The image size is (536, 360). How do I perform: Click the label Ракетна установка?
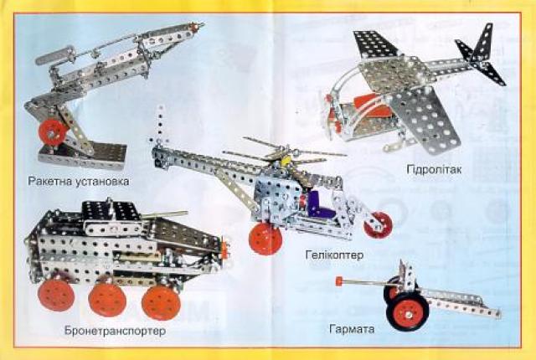click(79, 181)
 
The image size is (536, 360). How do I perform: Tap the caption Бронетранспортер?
click(116, 331)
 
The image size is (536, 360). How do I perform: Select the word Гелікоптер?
click(334, 255)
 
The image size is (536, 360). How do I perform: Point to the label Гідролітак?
click(434, 169)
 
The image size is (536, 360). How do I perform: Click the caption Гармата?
click(352, 328)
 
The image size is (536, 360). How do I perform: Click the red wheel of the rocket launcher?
click(52, 132)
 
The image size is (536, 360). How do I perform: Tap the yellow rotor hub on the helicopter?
click(286, 160)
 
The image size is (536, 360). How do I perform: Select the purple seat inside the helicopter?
click(320, 205)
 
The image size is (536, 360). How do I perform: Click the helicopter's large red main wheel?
click(265, 239)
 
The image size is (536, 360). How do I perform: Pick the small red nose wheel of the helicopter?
click(378, 224)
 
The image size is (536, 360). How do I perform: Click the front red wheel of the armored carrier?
click(161, 302)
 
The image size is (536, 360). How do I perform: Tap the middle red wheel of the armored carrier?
click(107, 300)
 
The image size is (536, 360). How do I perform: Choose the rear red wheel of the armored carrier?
click(56, 295)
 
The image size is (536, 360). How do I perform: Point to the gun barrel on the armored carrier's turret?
click(164, 214)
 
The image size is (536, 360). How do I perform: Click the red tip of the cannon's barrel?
click(338, 281)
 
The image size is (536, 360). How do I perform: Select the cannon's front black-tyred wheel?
click(408, 312)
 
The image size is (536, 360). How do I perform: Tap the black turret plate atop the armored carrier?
click(110, 210)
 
